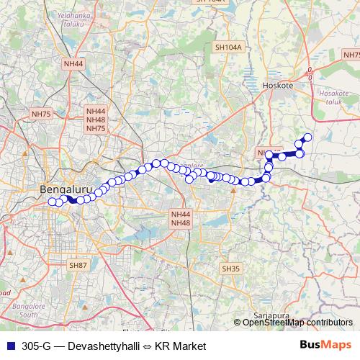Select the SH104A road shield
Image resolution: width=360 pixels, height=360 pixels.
[x=228, y=48]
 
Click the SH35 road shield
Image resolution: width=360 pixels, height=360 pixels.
[x=230, y=269]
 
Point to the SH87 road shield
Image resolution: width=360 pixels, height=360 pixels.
[x=77, y=266]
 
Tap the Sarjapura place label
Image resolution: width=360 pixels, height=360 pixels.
[x=271, y=315]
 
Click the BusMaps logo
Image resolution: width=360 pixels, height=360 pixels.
[x=326, y=346]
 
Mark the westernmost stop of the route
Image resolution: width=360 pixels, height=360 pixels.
[x=52, y=202]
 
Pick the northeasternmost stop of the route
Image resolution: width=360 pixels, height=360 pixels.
[x=307, y=138]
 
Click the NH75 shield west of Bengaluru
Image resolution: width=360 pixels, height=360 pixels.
[x=41, y=114]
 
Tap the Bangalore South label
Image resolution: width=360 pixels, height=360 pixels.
[x=29, y=310]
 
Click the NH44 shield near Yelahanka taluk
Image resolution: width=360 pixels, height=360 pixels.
[x=74, y=64]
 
